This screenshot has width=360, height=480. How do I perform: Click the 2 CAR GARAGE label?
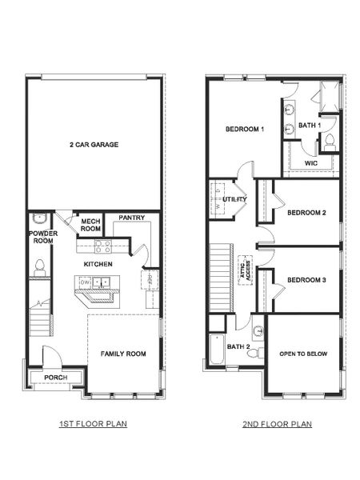click(94, 145)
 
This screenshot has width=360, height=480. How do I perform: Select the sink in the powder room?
click(37, 218)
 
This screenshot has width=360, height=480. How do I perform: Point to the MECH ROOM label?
click(90, 225)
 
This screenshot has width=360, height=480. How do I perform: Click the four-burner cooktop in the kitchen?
click(102, 247)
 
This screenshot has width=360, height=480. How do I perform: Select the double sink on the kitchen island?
click(102, 282)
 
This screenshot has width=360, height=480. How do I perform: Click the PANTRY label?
click(130, 217)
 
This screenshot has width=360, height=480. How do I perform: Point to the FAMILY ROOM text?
click(122, 353)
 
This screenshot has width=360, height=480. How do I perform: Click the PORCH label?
click(54, 378)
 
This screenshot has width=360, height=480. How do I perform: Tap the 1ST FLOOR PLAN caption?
click(93, 424)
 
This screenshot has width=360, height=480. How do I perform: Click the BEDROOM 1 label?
click(244, 129)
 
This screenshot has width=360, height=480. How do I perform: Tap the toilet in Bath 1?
click(328, 142)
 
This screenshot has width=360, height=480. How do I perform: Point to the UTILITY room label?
click(234, 198)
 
